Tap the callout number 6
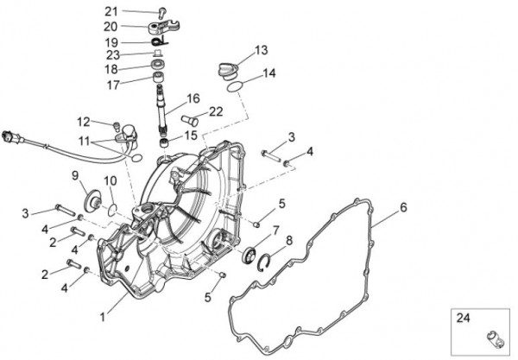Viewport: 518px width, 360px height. (402, 207)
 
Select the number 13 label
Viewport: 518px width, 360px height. (261, 50)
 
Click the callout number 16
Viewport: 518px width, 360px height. (192, 98)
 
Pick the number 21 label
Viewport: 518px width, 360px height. (134, 11)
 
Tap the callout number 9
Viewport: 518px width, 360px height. (75, 176)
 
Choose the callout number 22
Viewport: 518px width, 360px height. (216, 111)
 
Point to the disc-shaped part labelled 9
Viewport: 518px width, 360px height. (89, 204)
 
